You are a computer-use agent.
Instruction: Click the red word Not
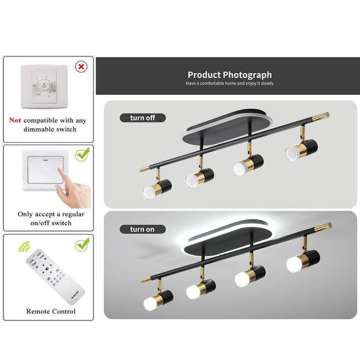(16, 120)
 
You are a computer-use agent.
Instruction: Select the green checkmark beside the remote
(82, 244)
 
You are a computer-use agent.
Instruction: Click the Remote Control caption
(51, 311)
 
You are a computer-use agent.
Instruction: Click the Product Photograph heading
(229, 75)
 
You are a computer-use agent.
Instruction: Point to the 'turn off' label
(143, 118)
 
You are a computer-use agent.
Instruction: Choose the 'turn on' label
(143, 229)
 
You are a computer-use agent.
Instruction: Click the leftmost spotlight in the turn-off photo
(157, 188)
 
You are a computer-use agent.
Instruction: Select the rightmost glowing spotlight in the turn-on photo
(300, 262)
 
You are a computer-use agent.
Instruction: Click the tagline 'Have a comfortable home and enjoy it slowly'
(229, 83)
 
